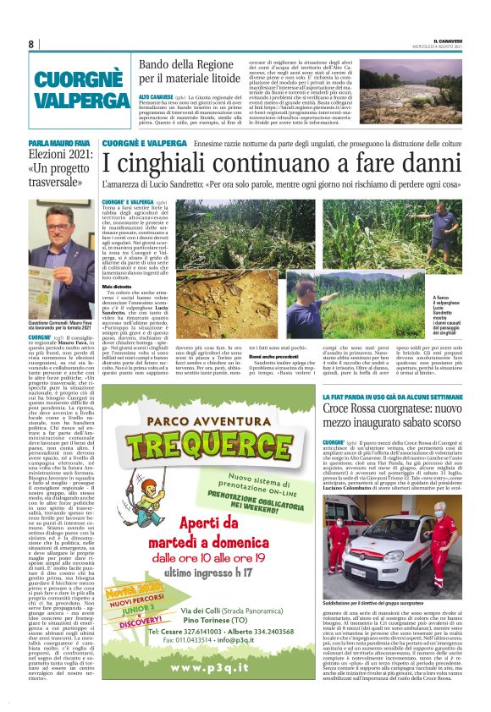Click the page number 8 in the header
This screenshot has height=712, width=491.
(31, 44)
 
